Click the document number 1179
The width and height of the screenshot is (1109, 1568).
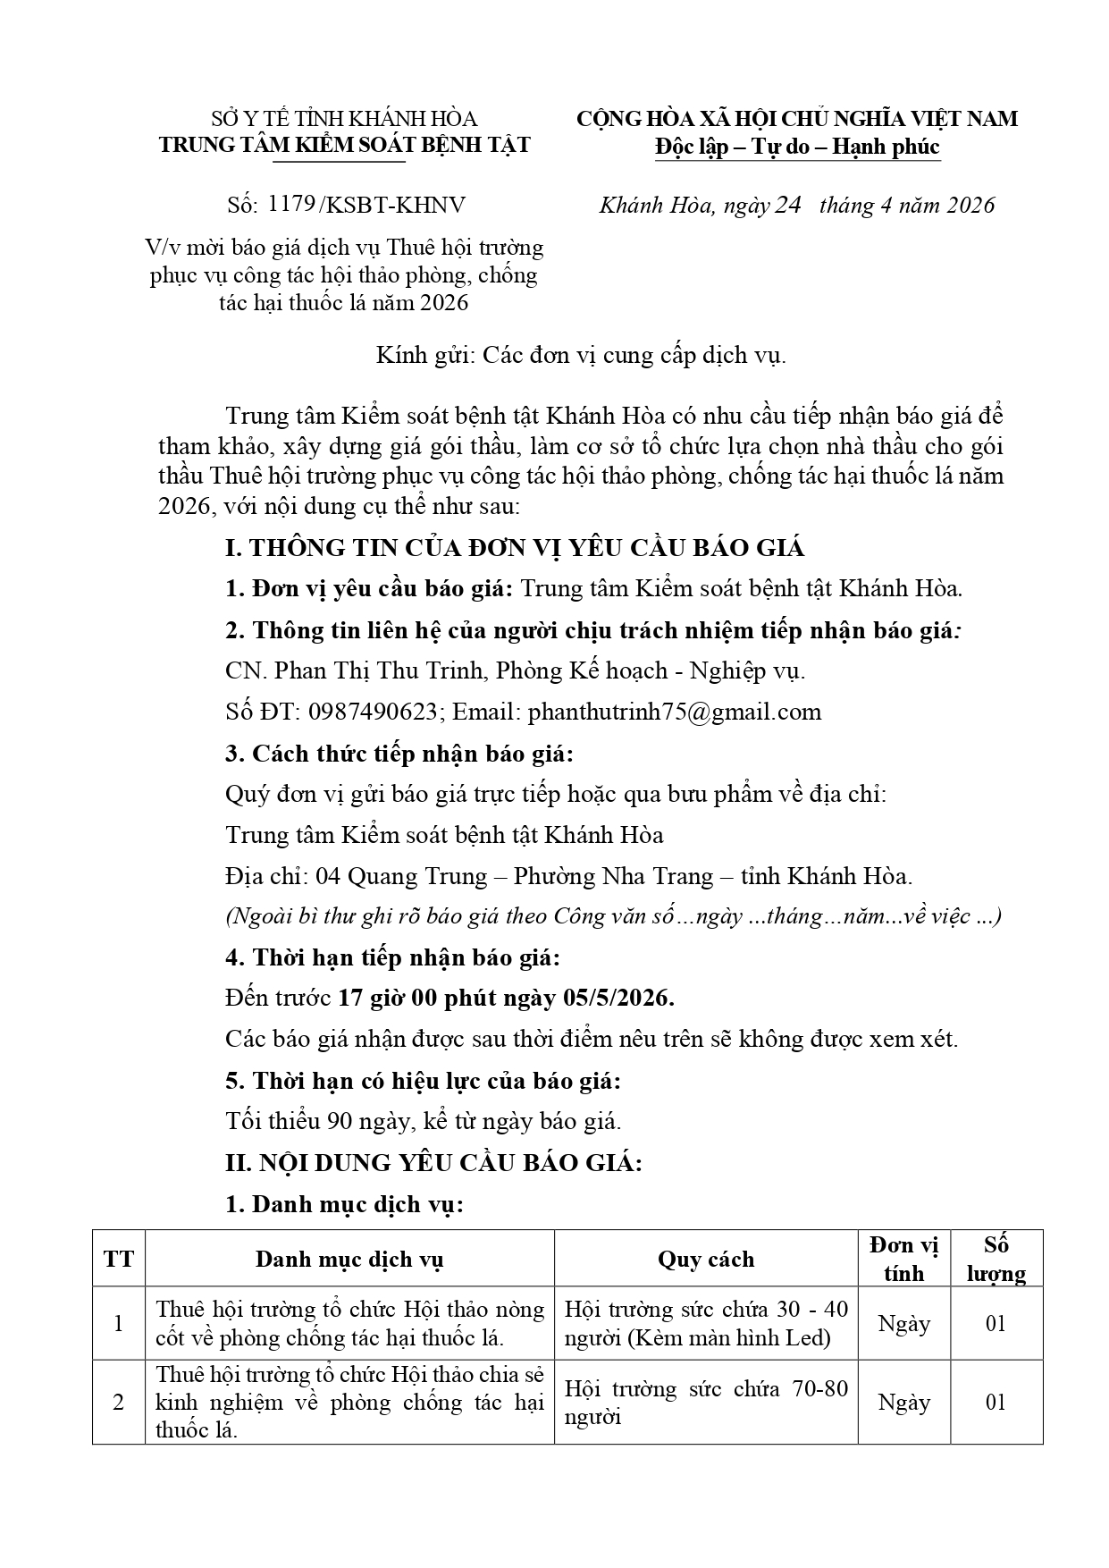[290, 205]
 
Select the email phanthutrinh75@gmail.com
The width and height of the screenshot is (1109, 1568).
[674, 712]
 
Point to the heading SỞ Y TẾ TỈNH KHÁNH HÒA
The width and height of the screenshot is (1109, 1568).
[344, 119]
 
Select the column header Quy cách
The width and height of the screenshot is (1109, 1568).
[706, 1259]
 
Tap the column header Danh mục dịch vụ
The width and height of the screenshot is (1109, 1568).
[349, 1259]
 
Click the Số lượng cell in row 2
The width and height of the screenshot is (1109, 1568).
[996, 1402]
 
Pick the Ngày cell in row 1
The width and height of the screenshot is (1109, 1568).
[903, 1323]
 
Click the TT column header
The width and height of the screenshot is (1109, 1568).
[119, 1259]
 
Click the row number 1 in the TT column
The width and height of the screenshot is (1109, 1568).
[119, 1323]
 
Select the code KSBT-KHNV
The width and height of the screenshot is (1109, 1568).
[396, 205]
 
